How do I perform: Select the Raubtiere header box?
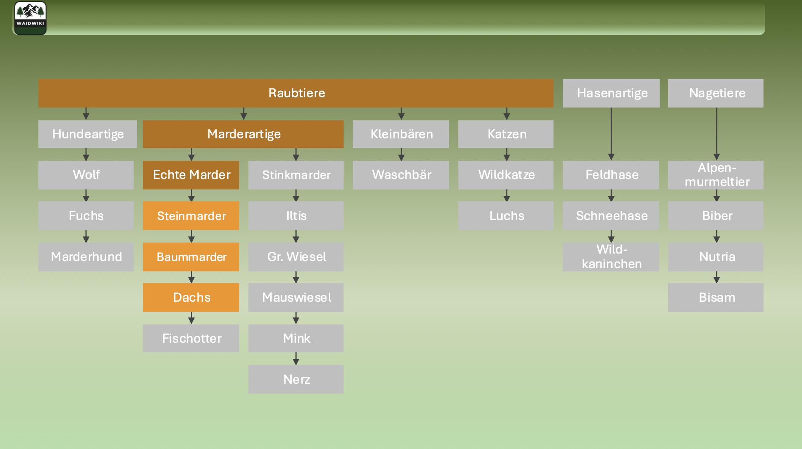click(x=296, y=93)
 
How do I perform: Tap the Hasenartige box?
click(x=611, y=93)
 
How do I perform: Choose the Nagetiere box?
click(x=716, y=93)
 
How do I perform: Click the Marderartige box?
click(x=243, y=134)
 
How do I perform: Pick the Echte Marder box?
click(x=191, y=175)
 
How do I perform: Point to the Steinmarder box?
click(x=191, y=216)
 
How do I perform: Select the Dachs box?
click(x=191, y=297)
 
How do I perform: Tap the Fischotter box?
click(x=191, y=338)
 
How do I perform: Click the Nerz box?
click(x=296, y=379)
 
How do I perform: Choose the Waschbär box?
click(x=401, y=175)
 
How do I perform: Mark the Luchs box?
click(x=506, y=216)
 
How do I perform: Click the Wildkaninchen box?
click(x=611, y=257)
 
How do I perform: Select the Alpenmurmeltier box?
click(x=716, y=175)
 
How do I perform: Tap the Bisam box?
click(x=716, y=297)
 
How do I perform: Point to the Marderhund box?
click(x=86, y=257)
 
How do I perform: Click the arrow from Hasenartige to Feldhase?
click(x=611, y=134)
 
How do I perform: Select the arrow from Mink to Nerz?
click(x=296, y=358)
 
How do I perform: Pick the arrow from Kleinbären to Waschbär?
click(x=401, y=154)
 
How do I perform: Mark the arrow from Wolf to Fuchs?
click(x=86, y=195)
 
